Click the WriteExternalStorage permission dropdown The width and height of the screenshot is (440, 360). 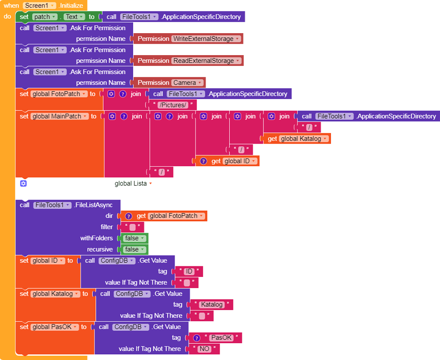click(207, 39)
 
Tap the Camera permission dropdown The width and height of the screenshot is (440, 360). click(187, 83)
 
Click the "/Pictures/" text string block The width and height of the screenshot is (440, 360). click(172, 105)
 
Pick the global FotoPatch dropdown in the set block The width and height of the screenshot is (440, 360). click(59, 94)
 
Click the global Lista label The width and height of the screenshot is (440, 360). click(131, 183)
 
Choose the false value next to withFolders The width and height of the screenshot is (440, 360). click(134, 239)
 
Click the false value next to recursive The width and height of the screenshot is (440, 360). click(134, 250)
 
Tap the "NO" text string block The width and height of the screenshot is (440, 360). click(205, 349)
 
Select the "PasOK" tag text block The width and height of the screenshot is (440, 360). click(221, 338)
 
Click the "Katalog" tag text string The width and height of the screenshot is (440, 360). click(212, 305)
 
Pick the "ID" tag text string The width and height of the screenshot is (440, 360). click(189, 272)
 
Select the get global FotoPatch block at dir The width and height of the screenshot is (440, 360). click(163, 216)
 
